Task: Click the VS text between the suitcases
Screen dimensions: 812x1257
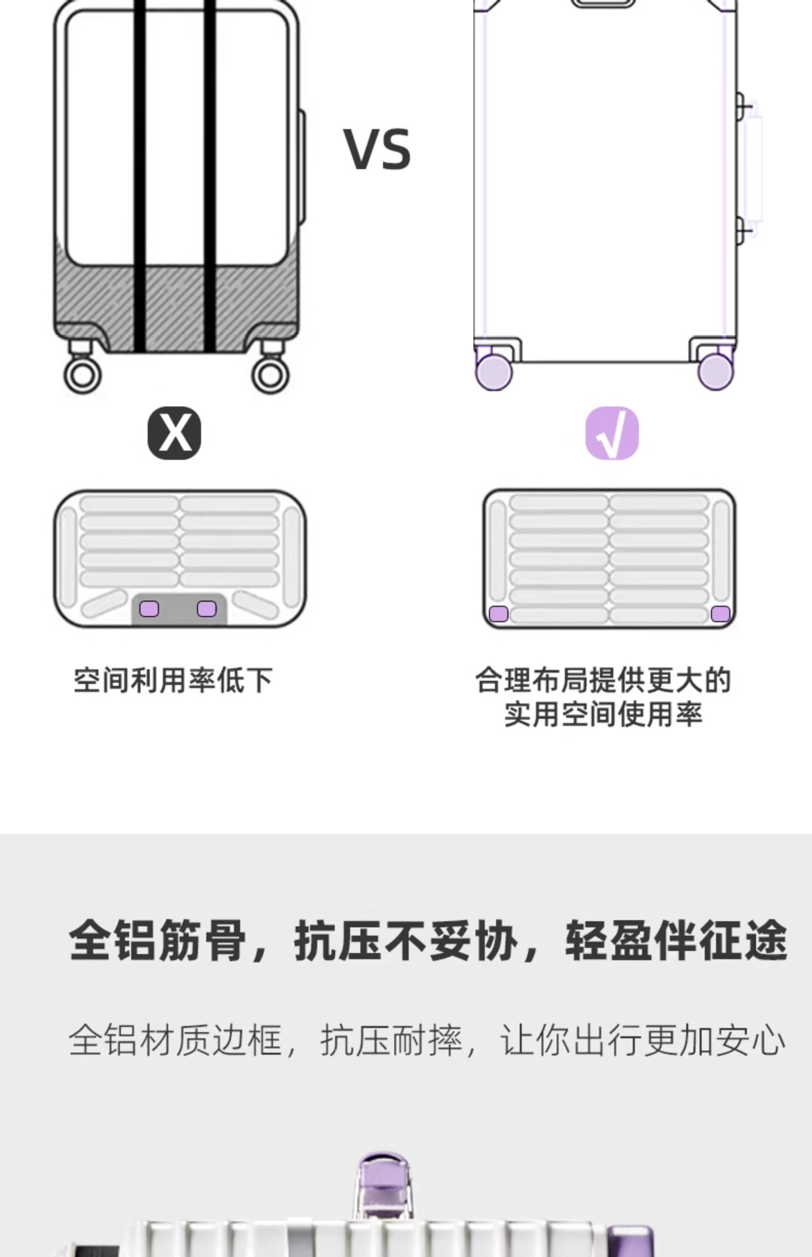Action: tap(377, 150)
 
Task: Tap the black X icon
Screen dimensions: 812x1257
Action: tap(174, 433)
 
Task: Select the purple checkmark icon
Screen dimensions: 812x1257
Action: tap(612, 433)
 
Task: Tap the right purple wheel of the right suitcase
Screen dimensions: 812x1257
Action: tap(716, 371)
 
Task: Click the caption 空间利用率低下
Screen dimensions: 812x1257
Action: tap(173, 680)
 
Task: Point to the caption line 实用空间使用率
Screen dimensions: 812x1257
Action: tap(603, 714)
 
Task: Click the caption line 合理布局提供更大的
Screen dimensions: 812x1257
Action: tap(603, 680)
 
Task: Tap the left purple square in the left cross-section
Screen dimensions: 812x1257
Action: tap(149, 609)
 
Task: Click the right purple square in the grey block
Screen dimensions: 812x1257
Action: tap(207, 609)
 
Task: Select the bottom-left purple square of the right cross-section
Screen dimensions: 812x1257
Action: tap(498, 614)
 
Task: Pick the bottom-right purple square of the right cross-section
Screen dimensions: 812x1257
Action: tap(720, 614)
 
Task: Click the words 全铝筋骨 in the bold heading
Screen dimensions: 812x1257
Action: tap(157, 940)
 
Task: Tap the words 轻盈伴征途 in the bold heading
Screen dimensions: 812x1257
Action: tap(676, 940)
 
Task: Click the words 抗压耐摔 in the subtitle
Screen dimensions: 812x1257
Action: tap(391, 1040)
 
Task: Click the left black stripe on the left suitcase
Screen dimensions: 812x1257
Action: tap(139, 177)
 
